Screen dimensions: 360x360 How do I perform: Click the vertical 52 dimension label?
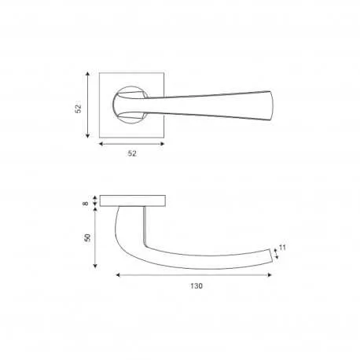[x=79, y=108]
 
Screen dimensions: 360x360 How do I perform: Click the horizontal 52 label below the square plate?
[x=132, y=153]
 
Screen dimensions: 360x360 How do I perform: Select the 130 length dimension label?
[x=197, y=286]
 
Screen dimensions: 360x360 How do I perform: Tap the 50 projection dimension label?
[x=87, y=237]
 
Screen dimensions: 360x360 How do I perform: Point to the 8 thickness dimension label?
[x=86, y=204]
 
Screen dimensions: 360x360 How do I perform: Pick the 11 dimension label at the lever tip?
[x=282, y=248]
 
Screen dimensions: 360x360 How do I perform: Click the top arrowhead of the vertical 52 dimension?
[x=88, y=74]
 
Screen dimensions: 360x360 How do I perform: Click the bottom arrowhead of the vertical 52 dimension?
[x=88, y=136]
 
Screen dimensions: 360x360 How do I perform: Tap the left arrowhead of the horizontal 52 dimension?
[x=101, y=144]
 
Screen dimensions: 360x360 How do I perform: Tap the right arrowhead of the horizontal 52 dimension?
[x=162, y=144]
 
